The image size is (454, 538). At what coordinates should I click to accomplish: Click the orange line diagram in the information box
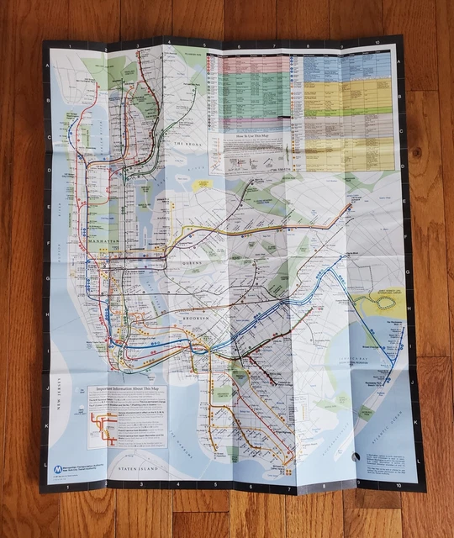[101, 425]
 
